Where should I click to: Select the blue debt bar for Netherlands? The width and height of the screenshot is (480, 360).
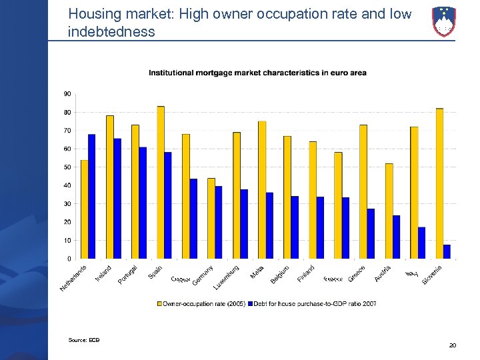(x=92, y=196)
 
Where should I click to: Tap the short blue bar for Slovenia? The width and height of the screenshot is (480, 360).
(x=447, y=251)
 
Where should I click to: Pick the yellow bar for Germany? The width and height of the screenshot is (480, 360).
(x=211, y=218)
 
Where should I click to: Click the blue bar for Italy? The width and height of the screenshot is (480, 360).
(x=421, y=243)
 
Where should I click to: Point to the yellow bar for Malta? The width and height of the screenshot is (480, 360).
(x=262, y=189)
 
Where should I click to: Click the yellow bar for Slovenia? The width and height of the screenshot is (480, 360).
(x=439, y=183)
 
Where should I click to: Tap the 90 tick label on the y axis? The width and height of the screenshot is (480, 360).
(x=68, y=94)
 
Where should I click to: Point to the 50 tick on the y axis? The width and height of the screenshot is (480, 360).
(x=68, y=167)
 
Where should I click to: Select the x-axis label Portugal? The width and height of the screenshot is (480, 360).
(x=128, y=274)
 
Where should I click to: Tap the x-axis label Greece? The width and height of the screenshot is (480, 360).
(x=356, y=273)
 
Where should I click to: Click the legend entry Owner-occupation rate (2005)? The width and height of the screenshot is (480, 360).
(x=200, y=303)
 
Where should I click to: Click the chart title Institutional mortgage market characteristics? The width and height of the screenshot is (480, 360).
(x=257, y=73)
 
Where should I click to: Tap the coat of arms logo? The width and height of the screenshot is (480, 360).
(x=444, y=21)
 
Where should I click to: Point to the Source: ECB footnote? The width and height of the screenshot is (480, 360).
(x=83, y=340)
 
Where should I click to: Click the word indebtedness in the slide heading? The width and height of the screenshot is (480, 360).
(x=111, y=31)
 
